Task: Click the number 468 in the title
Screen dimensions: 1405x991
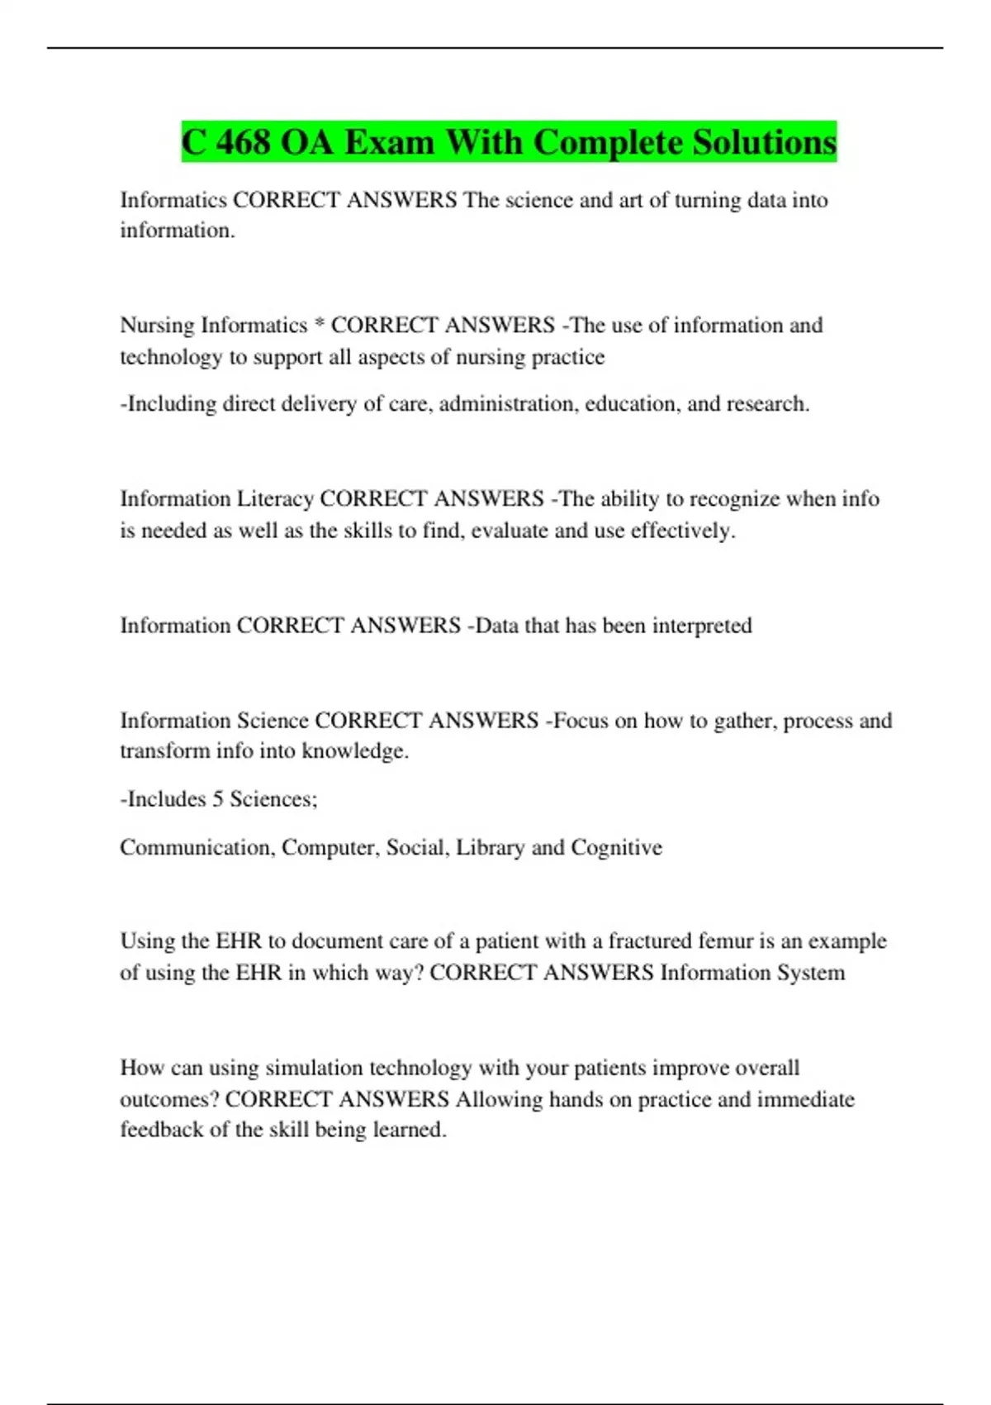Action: click(243, 142)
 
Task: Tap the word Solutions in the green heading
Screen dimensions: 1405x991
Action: click(764, 142)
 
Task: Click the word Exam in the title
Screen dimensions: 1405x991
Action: click(389, 142)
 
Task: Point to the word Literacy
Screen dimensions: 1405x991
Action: click(275, 499)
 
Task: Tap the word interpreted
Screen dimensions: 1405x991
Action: click(702, 625)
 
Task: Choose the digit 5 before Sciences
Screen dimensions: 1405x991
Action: click(218, 798)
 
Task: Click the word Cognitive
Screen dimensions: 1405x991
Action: click(616, 847)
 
